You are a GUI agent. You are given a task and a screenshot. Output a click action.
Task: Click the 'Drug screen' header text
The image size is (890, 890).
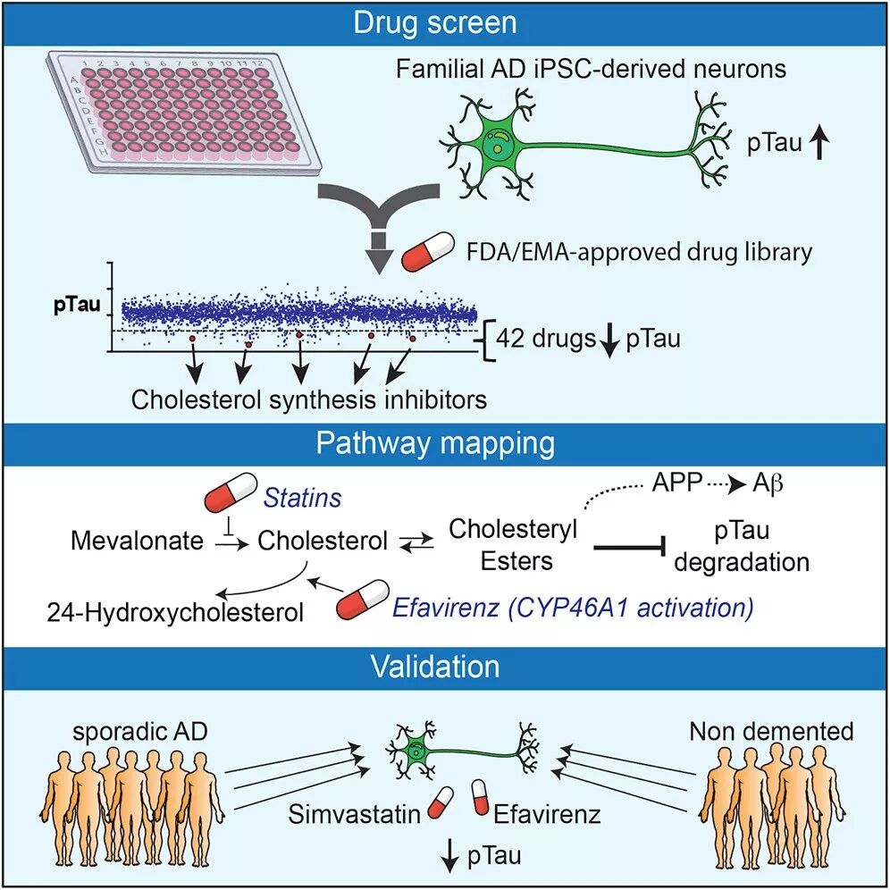[444, 21]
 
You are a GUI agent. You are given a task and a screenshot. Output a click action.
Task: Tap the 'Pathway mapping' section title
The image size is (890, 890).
[444, 442]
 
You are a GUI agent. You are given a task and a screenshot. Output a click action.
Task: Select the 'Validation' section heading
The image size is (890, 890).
[444, 667]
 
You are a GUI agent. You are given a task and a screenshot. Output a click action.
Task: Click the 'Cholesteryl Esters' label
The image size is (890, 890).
[513, 543]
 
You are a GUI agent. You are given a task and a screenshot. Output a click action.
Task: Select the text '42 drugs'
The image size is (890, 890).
[546, 340]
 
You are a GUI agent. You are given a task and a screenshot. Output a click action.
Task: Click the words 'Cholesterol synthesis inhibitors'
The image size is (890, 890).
[308, 399]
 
